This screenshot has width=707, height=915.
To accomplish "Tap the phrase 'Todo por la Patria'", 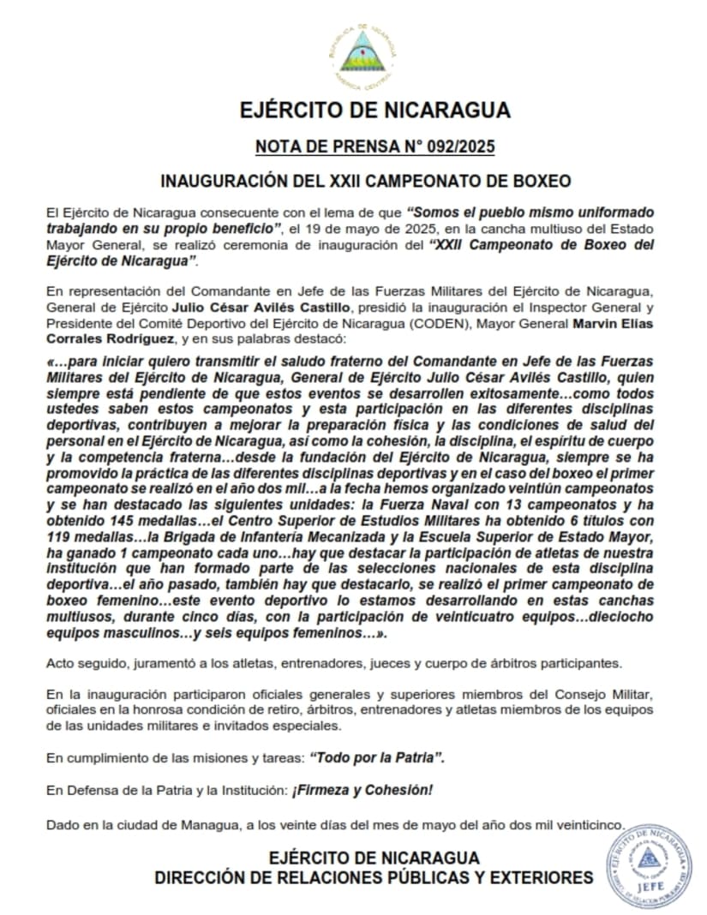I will coord(377,757).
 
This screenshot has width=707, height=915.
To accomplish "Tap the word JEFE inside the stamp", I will coord(650,888).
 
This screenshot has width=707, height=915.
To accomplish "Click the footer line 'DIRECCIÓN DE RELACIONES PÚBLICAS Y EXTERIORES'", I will coord(374,877).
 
